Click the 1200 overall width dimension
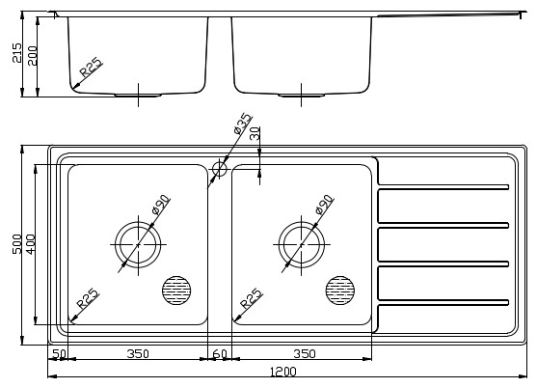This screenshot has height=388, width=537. (x=283, y=372)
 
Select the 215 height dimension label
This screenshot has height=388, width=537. (x=16, y=53)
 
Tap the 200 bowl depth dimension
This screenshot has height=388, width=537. (x=32, y=56)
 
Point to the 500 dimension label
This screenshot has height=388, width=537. (x=16, y=244)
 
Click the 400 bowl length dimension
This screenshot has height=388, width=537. (x=31, y=244)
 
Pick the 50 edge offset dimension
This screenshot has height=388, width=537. (x=59, y=353)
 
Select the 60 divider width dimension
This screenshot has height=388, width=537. (x=220, y=353)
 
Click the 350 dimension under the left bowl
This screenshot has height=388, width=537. (x=138, y=353)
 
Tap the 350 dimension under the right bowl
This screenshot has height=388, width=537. (x=305, y=353)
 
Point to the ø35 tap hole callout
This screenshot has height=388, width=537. (x=243, y=123)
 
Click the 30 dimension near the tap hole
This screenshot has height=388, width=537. (x=255, y=133)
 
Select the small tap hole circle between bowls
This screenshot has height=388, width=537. (x=220, y=169)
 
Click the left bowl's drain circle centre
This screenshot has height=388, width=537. (x=138, y=245)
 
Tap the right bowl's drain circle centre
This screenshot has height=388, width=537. (x=302, y=245)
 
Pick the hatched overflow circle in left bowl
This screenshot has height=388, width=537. (x=176, y=291)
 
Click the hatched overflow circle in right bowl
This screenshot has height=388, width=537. (x=340, y=291)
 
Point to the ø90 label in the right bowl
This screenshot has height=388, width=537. (x=324, y=205)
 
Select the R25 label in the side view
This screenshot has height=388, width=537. (x=91, y=68)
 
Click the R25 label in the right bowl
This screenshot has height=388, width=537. (x=252, y=298)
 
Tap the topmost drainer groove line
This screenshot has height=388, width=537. (x=443, y=187)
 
